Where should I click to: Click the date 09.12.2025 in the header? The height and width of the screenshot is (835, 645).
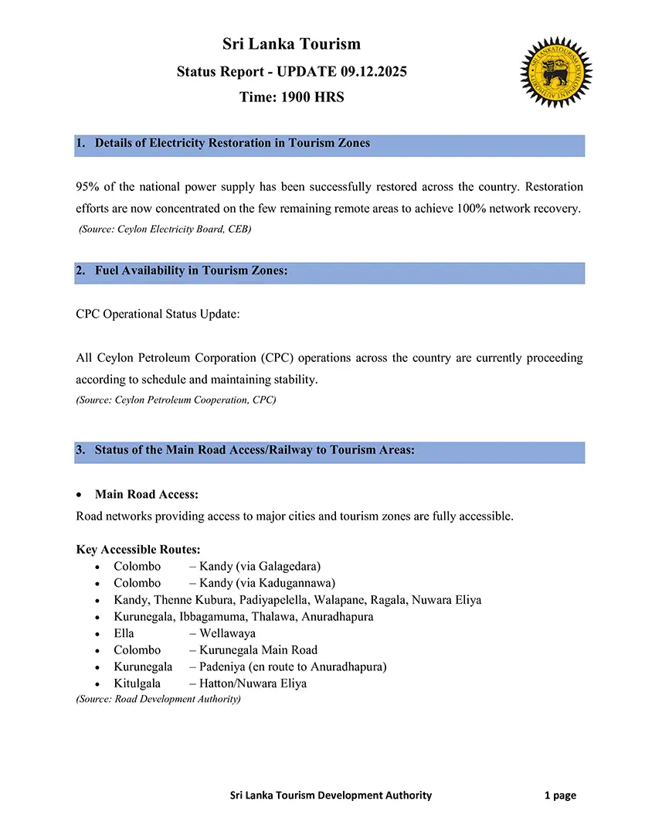click(x=373, y=72)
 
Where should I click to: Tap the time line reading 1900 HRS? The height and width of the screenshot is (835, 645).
click(x=292, y=97)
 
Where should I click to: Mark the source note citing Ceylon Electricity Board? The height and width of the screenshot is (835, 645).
click(x=165, y=230)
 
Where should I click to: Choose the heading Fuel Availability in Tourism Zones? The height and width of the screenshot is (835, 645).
click(x=192, y=271)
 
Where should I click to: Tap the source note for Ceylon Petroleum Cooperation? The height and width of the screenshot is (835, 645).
click(x=176, y=400)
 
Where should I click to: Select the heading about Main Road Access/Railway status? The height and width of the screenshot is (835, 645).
click(x=255, y=450)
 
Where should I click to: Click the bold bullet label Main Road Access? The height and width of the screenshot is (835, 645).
click(x=147, y=494)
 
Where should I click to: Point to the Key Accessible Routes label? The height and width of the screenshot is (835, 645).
click(x=138, y=550)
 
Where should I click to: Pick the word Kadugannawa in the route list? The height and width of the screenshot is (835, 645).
click(x=294, y=583)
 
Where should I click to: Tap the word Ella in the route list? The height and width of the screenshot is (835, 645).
click(x=124, y=633)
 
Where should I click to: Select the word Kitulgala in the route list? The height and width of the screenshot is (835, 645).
click(x=137, y=683)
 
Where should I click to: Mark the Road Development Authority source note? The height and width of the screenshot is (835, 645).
click(x=158, y=699)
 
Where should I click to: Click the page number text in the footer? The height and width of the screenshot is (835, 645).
click(x=560, y=795)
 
